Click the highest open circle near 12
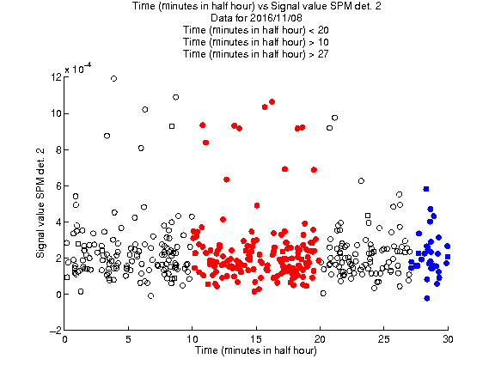114,78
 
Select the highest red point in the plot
272,101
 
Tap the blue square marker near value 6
426,189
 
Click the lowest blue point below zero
427,298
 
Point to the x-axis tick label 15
256,339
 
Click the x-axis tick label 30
448,339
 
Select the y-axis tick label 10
56,113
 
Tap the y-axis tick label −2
56,331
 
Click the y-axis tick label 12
56,76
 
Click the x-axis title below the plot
256,350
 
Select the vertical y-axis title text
40,203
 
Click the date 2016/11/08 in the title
273,18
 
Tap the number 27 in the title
323,54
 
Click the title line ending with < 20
256,30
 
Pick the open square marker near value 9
172,126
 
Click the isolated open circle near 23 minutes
361,180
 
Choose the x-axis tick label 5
128,339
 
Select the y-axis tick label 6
58,185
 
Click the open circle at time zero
66,242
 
